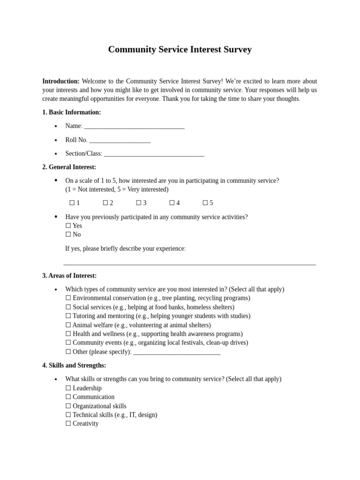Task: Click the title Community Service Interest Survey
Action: pos(180,50)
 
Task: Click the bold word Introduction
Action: pos(60,81)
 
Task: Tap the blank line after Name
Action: pos(134,127)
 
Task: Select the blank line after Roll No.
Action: pos(120,140)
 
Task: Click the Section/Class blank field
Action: pos(154,154)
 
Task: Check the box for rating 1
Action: pos(72,203)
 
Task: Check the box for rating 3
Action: pos(139,203)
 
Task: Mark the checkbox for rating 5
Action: pos(205,203)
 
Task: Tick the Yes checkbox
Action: pos(68,225)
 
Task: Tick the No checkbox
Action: pos(68,234)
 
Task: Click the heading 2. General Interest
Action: pos(69,167)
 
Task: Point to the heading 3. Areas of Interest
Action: pos(69,276)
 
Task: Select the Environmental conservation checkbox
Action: pos(68,298)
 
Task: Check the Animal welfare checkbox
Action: pos(68,325)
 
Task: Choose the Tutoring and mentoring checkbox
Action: pos(68,316)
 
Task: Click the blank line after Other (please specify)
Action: pos(177,352)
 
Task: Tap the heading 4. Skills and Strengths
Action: pos(74,365)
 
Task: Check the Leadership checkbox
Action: pos(68,388)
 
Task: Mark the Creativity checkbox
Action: pos(68,423)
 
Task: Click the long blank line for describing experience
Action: pos(189,264)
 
